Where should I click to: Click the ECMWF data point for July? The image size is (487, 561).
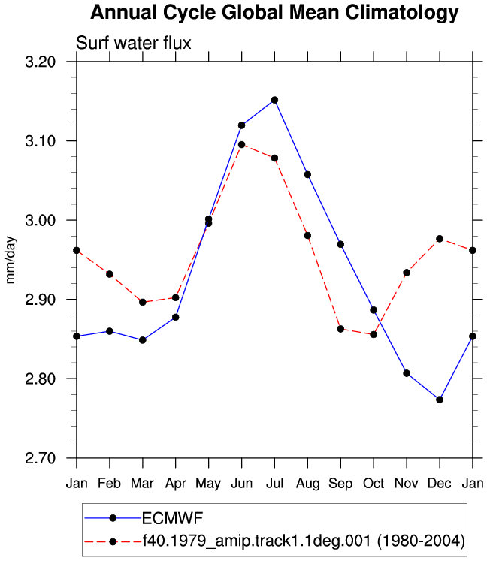(x=274, y=100)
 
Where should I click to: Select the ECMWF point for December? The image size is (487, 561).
(x=440, y=400)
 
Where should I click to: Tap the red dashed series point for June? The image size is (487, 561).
(x=242, y=144)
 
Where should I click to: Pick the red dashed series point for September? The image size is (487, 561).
(x=340, y=329)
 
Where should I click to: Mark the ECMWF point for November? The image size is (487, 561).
(x=407, y=373)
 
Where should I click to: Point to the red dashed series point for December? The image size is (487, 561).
(x=440, y=239)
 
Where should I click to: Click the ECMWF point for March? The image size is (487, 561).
(x=143, y=340)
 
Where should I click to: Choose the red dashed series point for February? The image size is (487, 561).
(x=110, y=274)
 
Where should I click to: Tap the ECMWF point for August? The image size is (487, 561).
(x=307, y=174)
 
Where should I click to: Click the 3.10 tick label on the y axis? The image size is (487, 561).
(x=41, y=141)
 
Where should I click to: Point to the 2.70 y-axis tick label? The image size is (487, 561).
(x=41, y=458)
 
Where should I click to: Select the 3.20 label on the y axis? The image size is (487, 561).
(x=41, y=62)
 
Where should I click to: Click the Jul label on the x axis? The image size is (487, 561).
(x=274, y=484)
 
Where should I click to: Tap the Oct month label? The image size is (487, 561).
(x=374, y=484)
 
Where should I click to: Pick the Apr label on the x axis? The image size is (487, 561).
(x=175, y=484)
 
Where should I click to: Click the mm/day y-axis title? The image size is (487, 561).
(x=11, y=260)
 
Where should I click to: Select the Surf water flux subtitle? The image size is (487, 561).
(x=134, y=43)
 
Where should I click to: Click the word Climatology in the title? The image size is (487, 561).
(x=402, y=13)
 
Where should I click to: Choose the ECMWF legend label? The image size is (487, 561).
(x=173, y=518)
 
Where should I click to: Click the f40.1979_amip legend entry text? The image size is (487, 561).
(x=304, y=541)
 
